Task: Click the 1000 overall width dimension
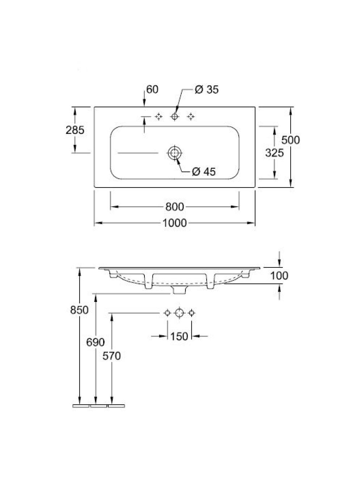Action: pos(174,223)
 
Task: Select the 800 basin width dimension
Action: pos(174,207)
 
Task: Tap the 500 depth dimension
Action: pos(291,140)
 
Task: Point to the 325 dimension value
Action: pos(274,152)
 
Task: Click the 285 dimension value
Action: pos(75,130)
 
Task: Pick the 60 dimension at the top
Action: pos(152,89)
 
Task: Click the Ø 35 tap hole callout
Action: pos(207,89)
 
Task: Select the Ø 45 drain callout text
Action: pos(203,171)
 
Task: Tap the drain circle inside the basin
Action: pos(174,153)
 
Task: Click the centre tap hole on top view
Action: pos(174,116)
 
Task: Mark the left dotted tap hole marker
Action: pos(159,117)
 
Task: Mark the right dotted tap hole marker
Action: pos(190,117)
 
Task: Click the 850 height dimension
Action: pos(79,310)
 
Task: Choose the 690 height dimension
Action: pos(95,342)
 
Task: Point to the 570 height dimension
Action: pos(111,356)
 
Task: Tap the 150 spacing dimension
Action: pos(179,337)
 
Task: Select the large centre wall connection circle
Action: pos(180,313)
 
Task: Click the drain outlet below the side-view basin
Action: pos(179,290)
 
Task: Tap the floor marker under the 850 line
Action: pos(81,406)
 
